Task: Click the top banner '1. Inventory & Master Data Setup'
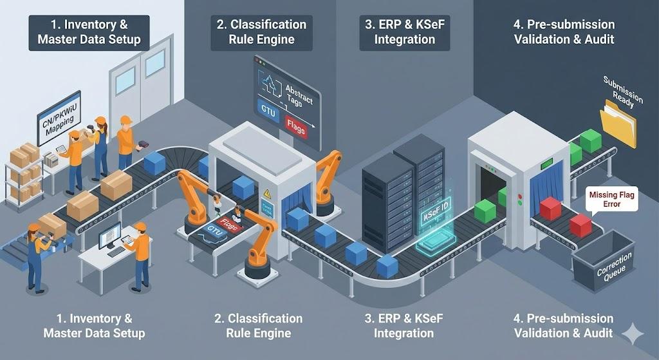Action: (89, 32)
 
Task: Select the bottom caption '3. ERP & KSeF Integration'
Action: (405, 325)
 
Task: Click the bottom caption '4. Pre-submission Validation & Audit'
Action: (564, 325)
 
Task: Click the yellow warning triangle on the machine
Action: (266, 192)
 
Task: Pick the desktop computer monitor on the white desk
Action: (110, 236)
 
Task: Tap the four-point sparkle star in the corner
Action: (634, 334)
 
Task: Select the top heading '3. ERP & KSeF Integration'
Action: (405, 32)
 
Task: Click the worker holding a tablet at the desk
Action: (140, 254)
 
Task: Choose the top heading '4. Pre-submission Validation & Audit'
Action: (564, 32)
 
